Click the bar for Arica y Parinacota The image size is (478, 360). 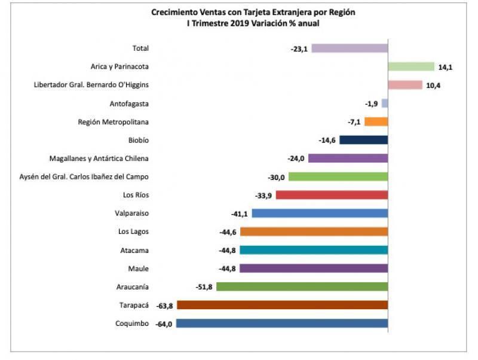coord(410,66)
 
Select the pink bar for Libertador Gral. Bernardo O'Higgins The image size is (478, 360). coord(405,85)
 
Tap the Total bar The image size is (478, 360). coord(350,48)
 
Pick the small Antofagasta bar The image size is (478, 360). coord(385,103)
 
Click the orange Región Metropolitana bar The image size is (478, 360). coord(376,121)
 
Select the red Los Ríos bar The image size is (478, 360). coord(332,195)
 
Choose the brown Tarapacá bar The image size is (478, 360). coord(282,305)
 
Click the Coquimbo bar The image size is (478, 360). coord(282,324)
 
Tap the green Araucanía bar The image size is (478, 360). coord(302,286)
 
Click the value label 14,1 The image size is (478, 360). coord(445,68)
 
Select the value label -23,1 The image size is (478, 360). coord(299,49)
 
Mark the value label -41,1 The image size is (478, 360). coord(240,213)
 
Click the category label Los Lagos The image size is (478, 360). coord(134,231)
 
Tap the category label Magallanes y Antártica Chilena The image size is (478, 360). coord(99,158)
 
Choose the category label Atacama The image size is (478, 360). coord(134,250)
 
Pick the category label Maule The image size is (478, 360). coord(139,269)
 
